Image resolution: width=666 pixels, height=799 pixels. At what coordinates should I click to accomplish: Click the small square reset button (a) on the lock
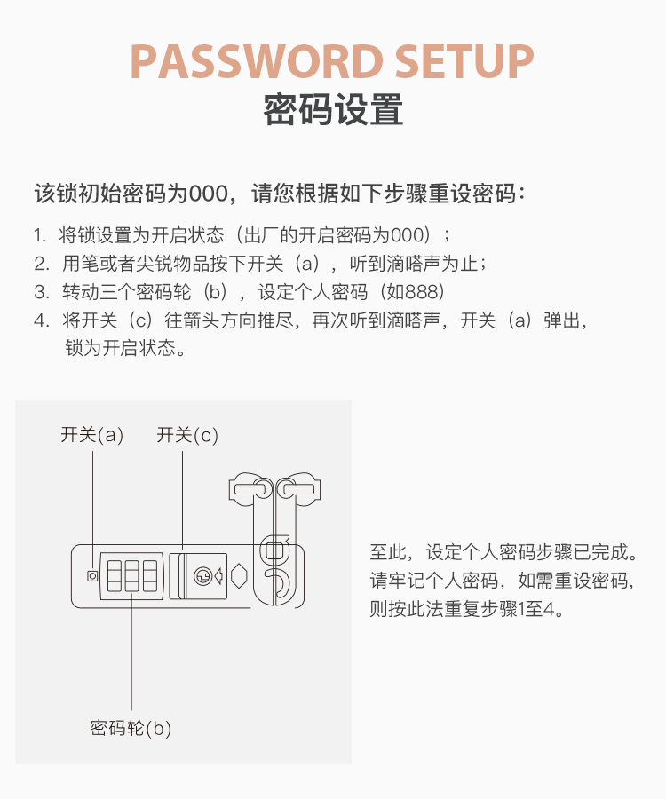(92, 576)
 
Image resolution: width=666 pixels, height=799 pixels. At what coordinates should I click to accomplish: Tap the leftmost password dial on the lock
(115, 576)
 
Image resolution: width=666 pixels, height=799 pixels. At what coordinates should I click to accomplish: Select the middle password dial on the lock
(132, 576)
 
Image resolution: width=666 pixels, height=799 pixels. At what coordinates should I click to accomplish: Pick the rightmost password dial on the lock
(150, 576)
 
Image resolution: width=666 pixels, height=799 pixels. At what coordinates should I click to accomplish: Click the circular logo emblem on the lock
(202, 576)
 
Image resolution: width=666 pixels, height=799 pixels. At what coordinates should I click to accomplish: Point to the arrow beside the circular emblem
(219, 576)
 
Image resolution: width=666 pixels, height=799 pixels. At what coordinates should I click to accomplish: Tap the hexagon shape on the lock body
(239, 576)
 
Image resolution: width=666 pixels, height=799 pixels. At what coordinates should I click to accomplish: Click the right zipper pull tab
(299, 490)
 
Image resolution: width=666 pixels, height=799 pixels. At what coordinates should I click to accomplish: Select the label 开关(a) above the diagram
(92, 435)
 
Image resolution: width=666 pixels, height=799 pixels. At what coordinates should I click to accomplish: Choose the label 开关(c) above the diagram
(187, 435)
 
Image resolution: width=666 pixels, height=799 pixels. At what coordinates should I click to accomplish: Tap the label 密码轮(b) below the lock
(131, 728)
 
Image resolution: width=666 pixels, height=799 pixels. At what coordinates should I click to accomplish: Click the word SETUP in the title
(464, 61)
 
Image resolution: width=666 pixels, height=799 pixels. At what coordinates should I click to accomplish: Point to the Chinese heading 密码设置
(333, 109)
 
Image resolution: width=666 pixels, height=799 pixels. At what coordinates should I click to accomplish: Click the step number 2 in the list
(40, 264)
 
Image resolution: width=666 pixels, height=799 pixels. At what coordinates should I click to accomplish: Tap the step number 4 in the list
(40, 320)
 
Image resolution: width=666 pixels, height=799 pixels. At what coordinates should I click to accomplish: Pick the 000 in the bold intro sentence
(209, 194)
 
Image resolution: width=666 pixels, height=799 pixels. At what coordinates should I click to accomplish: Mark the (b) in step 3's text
(215, 292)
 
